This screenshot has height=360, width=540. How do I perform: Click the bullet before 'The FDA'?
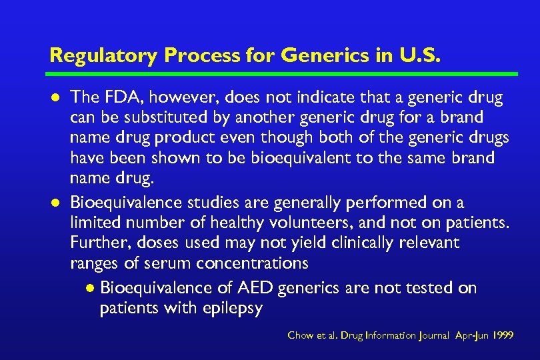[x=55, y=99]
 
